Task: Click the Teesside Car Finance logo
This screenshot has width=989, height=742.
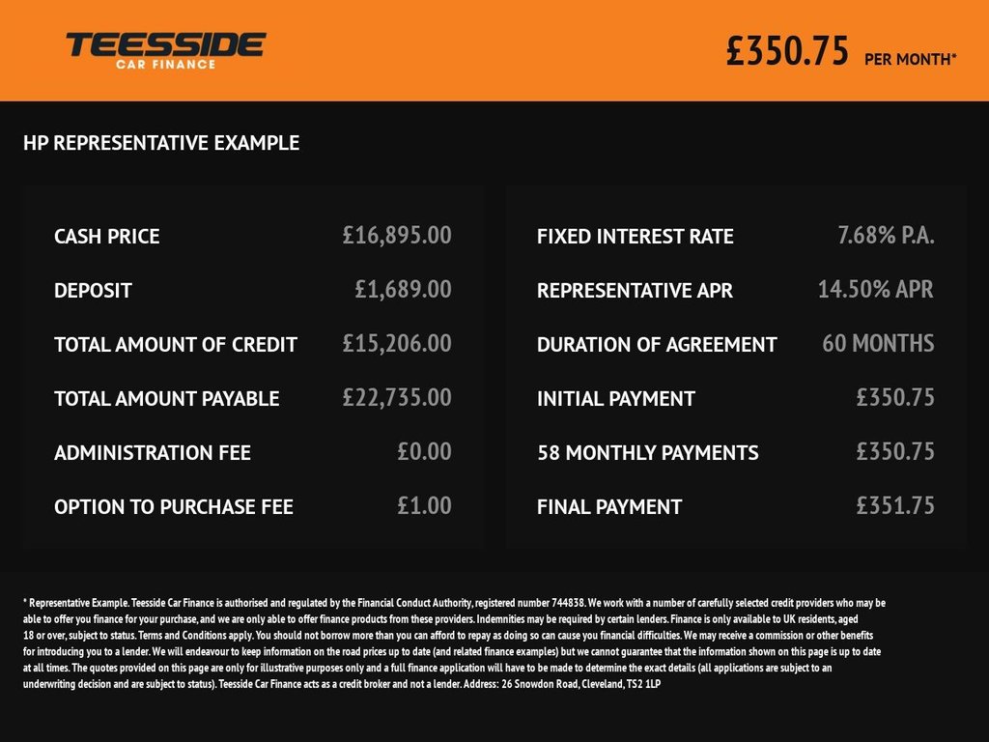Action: [x=165, y=49]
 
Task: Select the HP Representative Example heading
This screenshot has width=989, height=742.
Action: [x=161, y=144]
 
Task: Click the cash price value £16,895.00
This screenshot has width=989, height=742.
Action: [x=397, y=235]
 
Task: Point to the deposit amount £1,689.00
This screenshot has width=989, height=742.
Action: [x=403, y=289]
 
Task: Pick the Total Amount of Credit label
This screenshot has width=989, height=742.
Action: [x=176, y=345]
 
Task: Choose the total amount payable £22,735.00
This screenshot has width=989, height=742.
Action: [x=397, y=397]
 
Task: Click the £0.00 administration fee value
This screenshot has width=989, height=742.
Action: [x=424, y=451]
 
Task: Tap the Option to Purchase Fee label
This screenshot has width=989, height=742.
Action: [x=174, y=507]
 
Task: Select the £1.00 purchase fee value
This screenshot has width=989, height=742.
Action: [x=424, y=505]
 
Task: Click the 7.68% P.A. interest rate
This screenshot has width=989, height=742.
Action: [x=886, y=235]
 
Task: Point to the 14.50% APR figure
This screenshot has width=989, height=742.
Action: [x=876, y=289]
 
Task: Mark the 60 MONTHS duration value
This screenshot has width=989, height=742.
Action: [x=878, y=343]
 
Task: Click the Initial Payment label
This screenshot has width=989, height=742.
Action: [x=616, y=399]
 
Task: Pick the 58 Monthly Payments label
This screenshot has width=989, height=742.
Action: [x=648, y=453]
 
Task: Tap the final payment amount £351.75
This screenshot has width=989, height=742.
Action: [x=895, y=505]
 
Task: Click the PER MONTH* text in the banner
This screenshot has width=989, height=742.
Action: [x=911, y=59]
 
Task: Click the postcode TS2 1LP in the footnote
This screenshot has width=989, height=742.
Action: [x=641, y=684]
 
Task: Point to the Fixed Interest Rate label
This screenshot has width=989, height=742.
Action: [x=636, y=237]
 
